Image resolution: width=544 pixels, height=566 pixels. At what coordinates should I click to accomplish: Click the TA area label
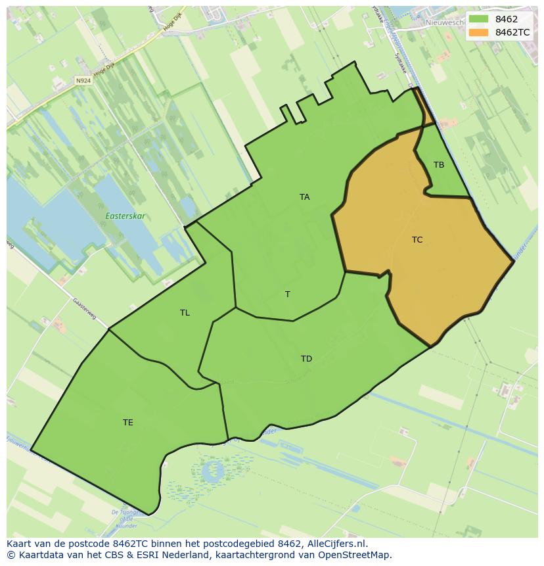click(x=304, y=197)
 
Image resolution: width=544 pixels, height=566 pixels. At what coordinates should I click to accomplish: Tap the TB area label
click(x=438, y=165)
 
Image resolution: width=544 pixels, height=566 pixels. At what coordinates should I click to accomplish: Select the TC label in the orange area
click(x=417, y=240)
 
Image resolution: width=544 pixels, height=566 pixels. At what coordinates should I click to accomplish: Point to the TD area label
click(x=306, y=359)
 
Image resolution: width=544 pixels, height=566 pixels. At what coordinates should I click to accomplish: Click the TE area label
click(x=128, y=423)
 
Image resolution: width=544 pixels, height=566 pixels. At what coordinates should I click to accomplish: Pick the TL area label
click(x=185, y=313)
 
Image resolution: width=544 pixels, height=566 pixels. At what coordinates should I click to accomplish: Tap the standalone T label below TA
click(x=287, y=295)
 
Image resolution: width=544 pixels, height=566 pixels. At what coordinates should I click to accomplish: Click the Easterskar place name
click(x=125, y=216)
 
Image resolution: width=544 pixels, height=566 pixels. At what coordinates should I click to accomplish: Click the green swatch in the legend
click(x=479, y=20)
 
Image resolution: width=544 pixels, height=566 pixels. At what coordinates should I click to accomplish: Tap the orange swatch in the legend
click(x=479, y=32)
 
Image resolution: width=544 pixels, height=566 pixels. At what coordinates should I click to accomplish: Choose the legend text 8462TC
click(x=512, y=32)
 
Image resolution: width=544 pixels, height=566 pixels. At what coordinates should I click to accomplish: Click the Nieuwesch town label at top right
click(x=445, y=22)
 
